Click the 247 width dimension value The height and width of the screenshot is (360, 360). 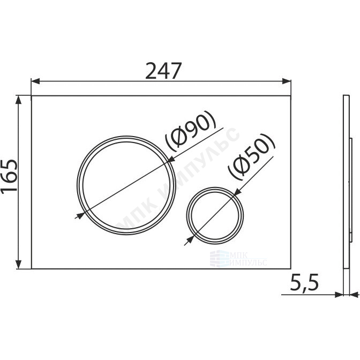point(163,71)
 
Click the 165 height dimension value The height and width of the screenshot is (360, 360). point(9,176)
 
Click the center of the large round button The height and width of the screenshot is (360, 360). point(126,185)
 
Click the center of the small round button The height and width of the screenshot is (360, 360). point(215,216)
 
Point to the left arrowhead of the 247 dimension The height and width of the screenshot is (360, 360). point(35,81)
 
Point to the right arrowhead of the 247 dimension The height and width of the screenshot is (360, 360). point(287,81)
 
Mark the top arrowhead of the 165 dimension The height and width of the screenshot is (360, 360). point(18,100)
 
